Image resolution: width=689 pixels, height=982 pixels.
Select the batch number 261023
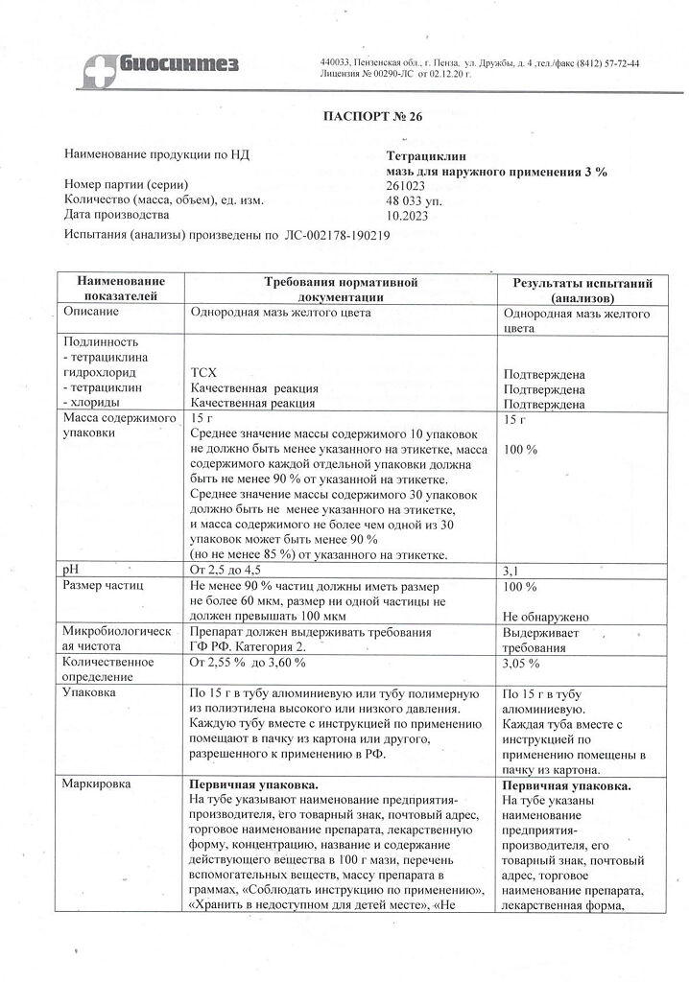click(x=403, y=185)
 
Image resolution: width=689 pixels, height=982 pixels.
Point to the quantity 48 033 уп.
click(x=413, y=200)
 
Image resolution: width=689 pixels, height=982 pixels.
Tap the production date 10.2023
click(x=403, y=216)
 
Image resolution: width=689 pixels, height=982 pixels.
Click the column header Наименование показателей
click(x=122, y=290)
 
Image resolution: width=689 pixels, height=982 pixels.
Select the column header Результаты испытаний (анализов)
click(x=582, y=290)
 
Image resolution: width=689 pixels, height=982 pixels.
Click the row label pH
click(x=70, y=570)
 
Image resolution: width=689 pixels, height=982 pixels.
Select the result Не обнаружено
click(x=545, y=617)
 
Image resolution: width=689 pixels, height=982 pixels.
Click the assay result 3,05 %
click(x=523, y=663)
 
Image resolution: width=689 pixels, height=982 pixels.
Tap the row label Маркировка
click(x=99, y=783)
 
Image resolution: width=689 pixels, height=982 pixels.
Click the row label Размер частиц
click(x=103, y=585)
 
